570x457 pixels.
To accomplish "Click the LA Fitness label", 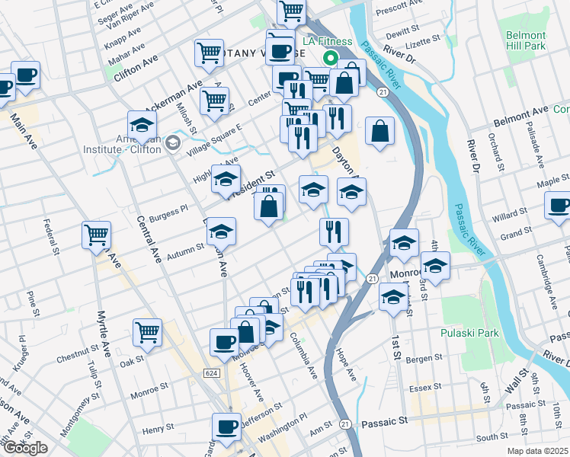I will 327,41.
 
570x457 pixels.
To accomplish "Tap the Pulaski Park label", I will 469,333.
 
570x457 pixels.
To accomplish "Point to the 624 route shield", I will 213,372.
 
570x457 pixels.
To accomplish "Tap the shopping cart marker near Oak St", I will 147,332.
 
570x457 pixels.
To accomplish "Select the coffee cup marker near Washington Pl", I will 226,427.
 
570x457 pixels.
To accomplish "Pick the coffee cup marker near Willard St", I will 559,206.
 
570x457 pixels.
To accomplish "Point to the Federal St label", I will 51,237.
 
